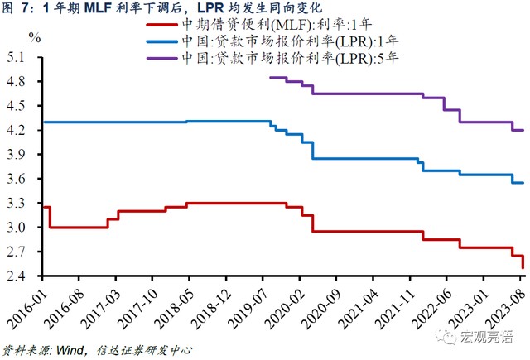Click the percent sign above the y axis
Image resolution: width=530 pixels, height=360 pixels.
[x=34, y=37]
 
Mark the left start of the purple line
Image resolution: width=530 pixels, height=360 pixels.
[x=271, y=77]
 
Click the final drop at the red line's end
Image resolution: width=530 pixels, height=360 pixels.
[x=523, y=262]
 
